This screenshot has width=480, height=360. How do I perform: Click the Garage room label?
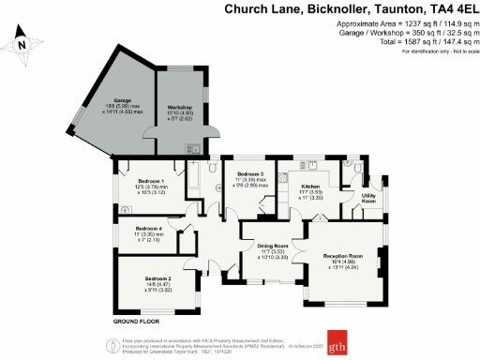122,99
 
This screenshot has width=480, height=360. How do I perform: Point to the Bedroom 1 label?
151,180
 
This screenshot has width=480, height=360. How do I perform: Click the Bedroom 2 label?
157,278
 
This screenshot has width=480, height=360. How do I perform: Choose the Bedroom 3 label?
250,174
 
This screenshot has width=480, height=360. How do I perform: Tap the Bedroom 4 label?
148,229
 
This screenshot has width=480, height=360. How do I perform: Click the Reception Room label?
343,254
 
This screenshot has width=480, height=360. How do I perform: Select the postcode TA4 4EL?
442,9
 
